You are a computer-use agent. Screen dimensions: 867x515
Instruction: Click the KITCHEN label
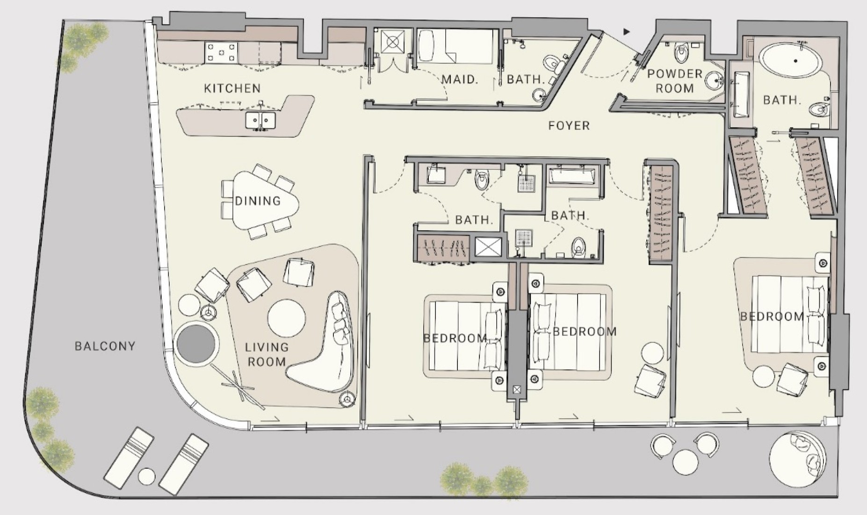[x=232, y=88]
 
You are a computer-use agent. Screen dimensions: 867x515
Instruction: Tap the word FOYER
[x=569, y=125]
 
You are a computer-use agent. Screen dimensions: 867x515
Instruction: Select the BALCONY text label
[x=105, y=346]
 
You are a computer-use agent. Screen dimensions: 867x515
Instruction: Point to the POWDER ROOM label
[x=675, y=81]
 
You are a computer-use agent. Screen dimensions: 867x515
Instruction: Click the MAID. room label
[x=460, y=79]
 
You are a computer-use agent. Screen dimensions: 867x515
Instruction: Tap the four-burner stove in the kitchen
[x=221, y=52]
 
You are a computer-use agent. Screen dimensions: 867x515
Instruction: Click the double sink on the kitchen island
[x=260, y=120]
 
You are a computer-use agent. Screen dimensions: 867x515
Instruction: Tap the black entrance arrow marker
[x=626, y=32]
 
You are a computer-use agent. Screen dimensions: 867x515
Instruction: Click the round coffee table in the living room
[x=286, y=318]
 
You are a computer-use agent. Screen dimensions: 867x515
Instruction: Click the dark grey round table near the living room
[x=197, y=343]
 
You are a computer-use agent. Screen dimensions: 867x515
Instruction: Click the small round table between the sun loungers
[x=147, y=477]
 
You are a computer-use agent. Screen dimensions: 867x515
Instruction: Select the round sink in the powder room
[x=714, y=81]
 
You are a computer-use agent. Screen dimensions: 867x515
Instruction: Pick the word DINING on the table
[x=258, y=201]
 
